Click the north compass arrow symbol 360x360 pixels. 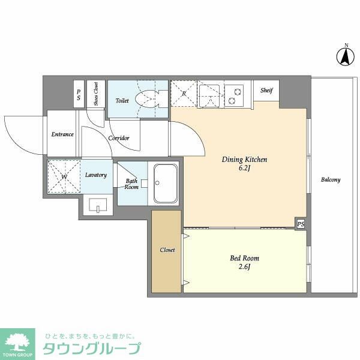346,56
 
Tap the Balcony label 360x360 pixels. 330,180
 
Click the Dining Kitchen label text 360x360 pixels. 244,160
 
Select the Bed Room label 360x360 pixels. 244,259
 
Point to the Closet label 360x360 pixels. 167,250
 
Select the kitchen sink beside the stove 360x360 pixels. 210,95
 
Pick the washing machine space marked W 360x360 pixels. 64,177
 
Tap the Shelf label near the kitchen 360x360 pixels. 266,91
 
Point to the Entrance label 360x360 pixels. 62,134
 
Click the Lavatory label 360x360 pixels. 96,175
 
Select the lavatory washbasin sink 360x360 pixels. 96,206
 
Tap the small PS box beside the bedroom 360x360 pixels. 300,224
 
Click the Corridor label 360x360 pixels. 119,138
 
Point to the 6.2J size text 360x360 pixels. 244,169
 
